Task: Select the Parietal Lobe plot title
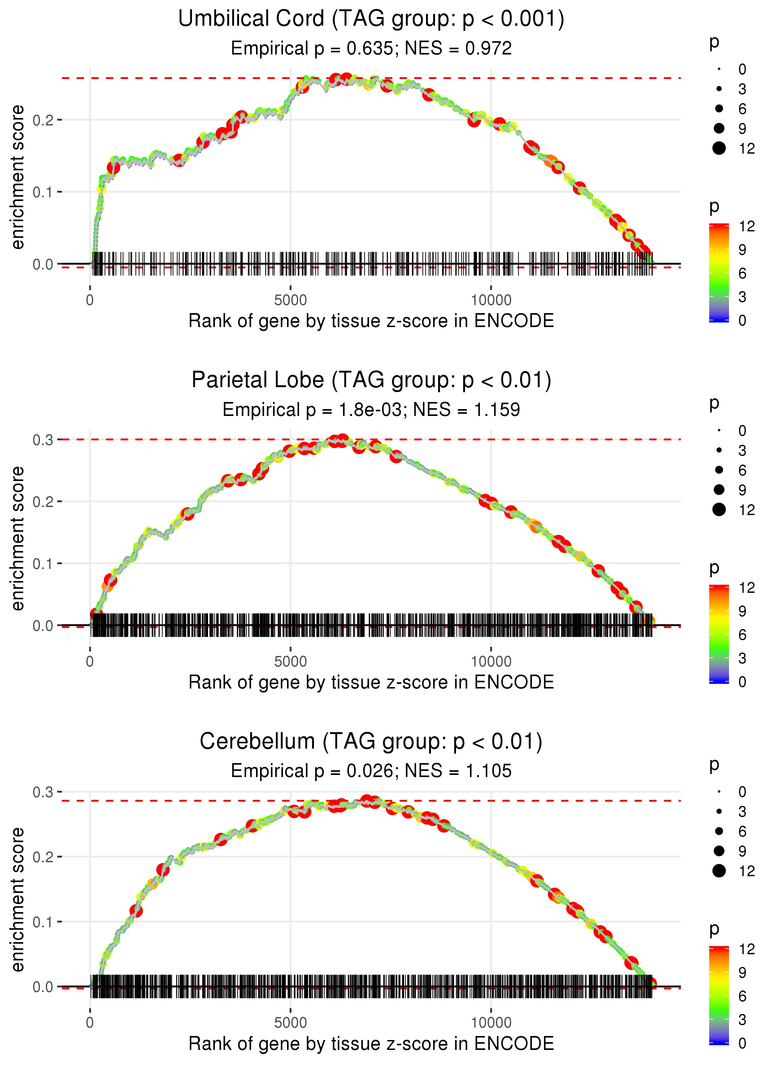[371, 380]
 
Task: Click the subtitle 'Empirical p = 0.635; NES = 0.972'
[371, 49]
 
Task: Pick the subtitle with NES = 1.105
[371, 771]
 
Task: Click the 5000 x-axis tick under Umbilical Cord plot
[290, 300]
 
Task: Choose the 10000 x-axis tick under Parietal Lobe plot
[491, 662]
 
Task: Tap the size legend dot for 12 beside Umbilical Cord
[719, 148]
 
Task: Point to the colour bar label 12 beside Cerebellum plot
[746, 949]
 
